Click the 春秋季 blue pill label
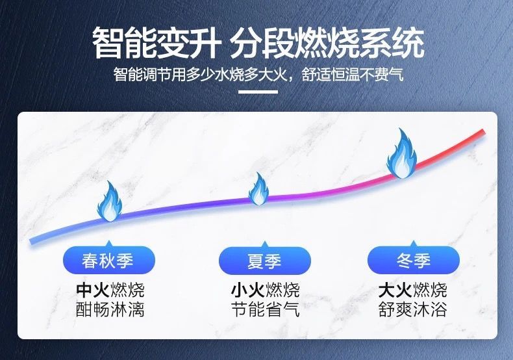pos(108,260)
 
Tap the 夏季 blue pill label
pos(264,261)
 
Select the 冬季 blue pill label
pos(413,260)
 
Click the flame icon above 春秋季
pos(110,201)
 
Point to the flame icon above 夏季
pos(258,189)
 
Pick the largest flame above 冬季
pos(402,153)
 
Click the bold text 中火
pos(93,290)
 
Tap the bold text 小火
pos(247,290)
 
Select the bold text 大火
pos(395,290)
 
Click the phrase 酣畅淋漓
pos(110,309)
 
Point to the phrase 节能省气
pos(265,309)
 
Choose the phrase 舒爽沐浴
pos(412,309)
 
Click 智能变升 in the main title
pos(156,43)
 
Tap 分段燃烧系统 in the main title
pos(327,43)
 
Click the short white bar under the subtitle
pos(258,92)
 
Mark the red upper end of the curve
pos(482,132)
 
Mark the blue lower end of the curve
pos(32,242)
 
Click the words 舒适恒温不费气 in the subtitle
pos(353,75)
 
